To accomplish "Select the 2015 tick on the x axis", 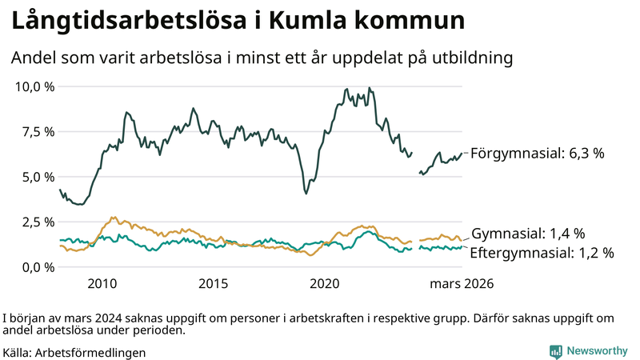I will (214, 284).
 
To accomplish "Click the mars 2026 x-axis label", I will (462, 284).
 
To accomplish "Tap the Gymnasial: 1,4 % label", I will (528, 234).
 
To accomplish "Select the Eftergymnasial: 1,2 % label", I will (542, 253).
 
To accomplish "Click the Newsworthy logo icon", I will (555, 351).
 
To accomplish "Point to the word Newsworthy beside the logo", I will (597, 351).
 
